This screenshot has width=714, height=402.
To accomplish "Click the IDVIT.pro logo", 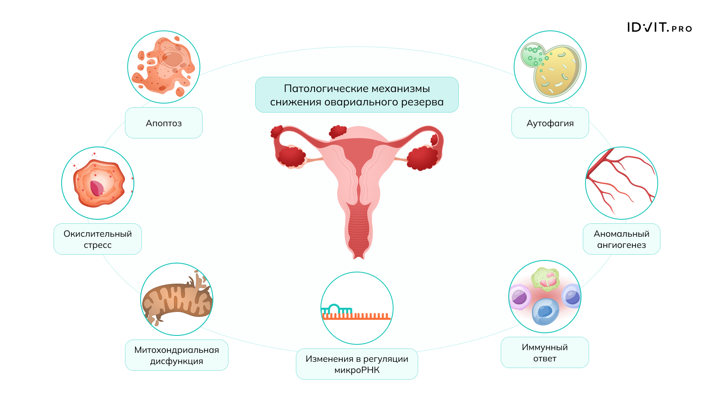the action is (660, 27).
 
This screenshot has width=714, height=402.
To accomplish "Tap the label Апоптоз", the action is (163, 123).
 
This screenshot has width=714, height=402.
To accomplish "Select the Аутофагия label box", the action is (550, 123).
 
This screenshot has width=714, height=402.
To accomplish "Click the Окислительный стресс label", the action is (98, 239).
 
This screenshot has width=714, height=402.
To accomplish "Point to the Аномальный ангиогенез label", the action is (621, 239).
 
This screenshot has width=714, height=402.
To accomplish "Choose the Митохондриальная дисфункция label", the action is (177, 355).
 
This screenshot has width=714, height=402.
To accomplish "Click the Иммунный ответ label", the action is (544, 352).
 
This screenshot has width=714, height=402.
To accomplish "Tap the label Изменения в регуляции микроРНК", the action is (357, 364).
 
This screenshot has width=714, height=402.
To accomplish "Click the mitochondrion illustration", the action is (177, 299).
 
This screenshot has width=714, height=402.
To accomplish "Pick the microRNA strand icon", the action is (356, 312).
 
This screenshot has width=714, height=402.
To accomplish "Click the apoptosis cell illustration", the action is (165, 67).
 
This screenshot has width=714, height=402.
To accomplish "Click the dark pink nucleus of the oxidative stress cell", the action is (96, 188).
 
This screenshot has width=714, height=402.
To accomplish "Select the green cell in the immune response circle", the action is (545, 280).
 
